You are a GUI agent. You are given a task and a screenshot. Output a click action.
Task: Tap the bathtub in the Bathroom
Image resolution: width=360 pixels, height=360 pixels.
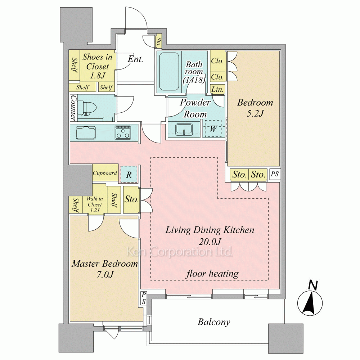[x=169, y=72]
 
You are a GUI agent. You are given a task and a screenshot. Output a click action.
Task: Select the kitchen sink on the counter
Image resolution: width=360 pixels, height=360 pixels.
[x=86, y=132]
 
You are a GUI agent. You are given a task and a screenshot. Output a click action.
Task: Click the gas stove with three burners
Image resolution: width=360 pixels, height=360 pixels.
[x=123, y=132]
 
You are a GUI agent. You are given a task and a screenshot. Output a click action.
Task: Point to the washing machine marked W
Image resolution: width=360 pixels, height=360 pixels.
[x=213, y=129]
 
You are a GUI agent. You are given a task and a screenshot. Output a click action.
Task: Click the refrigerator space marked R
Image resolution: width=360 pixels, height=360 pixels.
[x=129, y=175]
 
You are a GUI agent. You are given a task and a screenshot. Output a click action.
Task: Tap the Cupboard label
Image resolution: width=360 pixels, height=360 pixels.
[x=105, y=173]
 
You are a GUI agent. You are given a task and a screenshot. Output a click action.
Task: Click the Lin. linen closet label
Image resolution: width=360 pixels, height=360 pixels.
[x=217, y=89]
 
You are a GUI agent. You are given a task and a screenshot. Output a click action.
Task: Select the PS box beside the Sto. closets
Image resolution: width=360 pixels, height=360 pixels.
[x=275, y=174]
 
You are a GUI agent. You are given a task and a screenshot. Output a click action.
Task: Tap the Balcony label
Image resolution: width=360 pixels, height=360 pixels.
[x=214, y=322]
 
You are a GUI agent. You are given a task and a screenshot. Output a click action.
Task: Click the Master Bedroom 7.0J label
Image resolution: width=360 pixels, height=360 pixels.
[x=105, y=269]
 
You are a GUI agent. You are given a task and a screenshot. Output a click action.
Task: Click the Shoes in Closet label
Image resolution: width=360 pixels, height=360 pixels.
[x=97, y=66]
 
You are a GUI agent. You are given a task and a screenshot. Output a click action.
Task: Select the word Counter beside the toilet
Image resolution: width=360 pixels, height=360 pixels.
[x=73, y=108]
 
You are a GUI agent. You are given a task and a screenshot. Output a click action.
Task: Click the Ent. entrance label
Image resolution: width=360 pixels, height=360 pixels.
[x=135, y=59]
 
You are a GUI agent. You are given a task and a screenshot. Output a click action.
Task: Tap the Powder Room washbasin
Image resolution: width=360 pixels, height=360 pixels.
[x=184, y=130]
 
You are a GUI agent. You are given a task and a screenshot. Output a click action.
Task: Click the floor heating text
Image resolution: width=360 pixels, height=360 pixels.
[x=212, y=274]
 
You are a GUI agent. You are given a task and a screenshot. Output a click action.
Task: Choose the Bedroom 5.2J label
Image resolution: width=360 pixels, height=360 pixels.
[x=255, y=107]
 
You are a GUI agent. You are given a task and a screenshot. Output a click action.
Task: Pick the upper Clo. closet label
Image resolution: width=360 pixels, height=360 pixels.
[x=217, y=61]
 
